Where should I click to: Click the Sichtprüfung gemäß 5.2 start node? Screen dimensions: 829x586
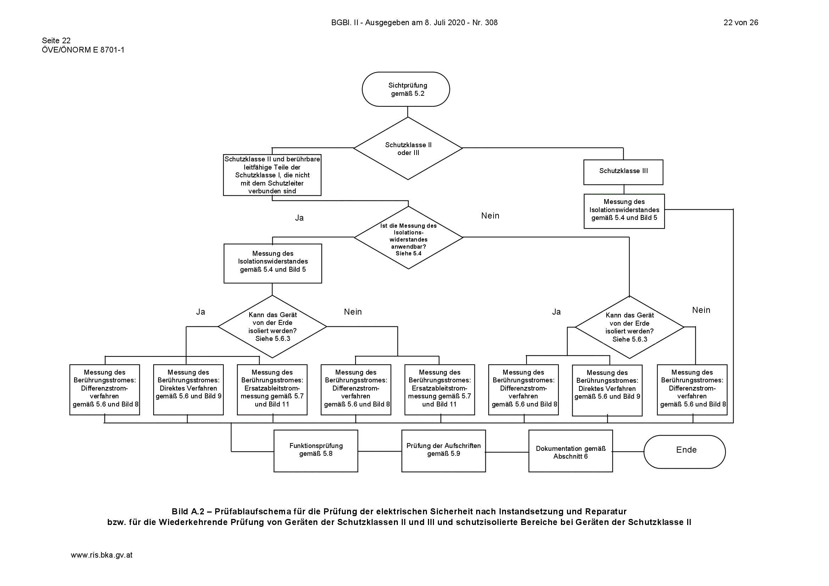pos(406,89)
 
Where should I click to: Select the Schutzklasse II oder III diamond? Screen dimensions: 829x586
pos(408,149)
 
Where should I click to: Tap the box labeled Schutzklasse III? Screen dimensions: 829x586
pos(623,172)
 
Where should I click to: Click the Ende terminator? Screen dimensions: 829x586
pos(685,452)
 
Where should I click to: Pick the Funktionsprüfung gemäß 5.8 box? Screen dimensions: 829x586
pos(316,450)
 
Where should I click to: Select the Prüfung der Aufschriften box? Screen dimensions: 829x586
pos(443,450)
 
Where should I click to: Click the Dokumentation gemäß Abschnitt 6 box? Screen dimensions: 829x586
pos(571,450)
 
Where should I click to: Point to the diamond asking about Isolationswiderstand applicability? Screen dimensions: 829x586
pos(408,238)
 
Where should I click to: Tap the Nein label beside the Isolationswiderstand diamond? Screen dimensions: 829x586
pos(490,216)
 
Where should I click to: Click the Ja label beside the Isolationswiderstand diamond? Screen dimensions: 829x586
pos(299,218)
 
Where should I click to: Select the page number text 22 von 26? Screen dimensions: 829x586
pos(741,22)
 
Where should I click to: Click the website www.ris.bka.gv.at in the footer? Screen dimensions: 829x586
pos(101,555)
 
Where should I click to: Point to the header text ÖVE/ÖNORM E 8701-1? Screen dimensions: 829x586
pos(83,50)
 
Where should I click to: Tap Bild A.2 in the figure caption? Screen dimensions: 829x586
pos(188,512)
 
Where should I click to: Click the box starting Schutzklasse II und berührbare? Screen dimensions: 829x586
pos(272,175)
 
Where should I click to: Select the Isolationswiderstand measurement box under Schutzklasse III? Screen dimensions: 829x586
pos(624,211)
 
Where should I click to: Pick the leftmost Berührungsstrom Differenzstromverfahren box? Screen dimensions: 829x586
pos(105,389)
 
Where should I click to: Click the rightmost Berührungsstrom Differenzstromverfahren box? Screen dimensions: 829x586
pos(692,389)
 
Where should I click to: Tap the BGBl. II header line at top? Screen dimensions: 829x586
pos(414,22)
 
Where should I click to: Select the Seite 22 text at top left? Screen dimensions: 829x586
pos(56,40)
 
